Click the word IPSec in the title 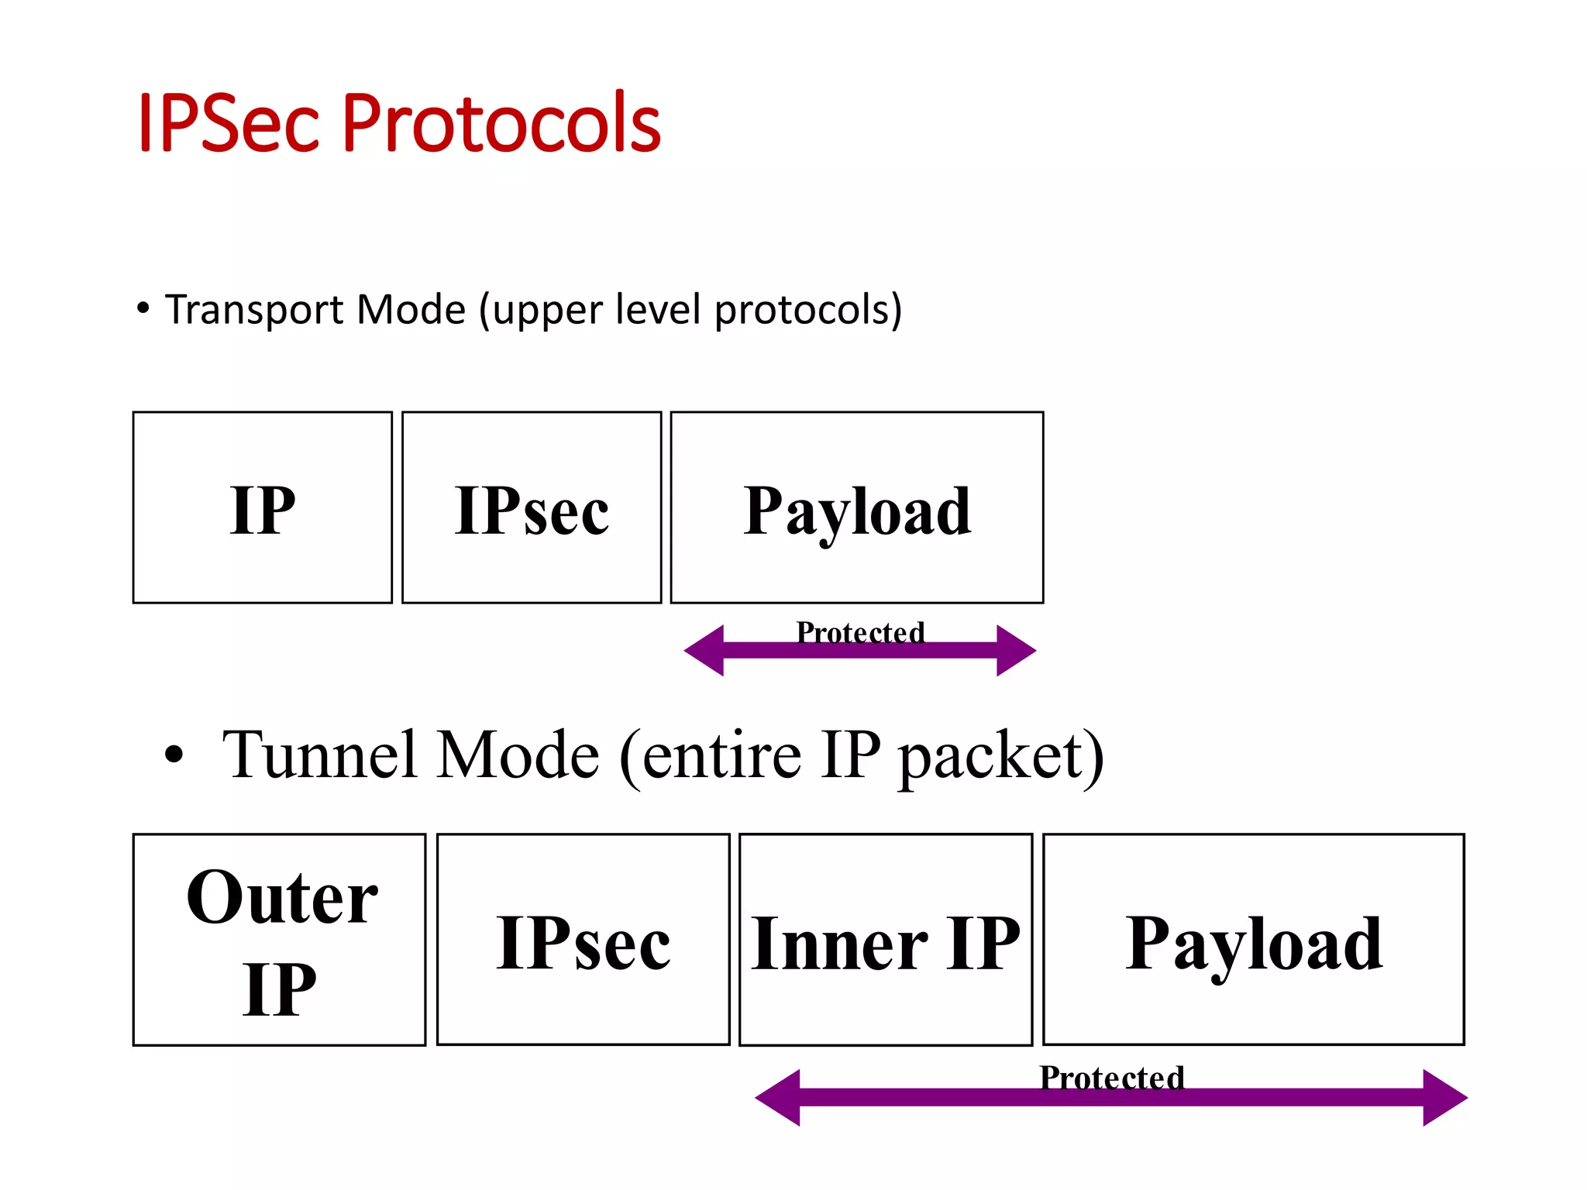228,122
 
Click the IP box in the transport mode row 263,508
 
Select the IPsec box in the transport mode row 532,508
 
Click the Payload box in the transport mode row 857,508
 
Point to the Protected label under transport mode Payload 860,632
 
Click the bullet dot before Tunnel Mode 174,755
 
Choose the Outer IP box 280,940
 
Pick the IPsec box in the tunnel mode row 584,940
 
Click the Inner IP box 886,940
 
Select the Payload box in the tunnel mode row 1254,940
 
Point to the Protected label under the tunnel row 1112,1077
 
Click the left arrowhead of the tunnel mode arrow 777,1098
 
